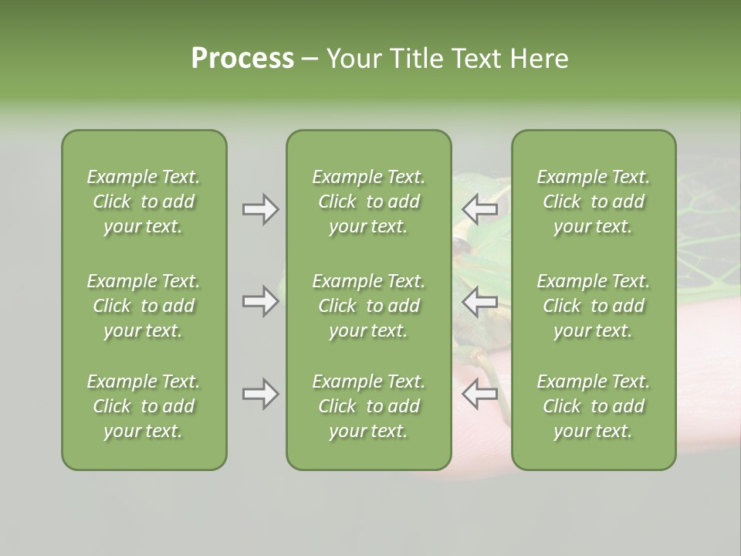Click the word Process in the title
tap(242, 59)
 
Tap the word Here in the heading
tap(540, 59)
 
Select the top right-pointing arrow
tap(260, 209)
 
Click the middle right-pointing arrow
tap(260, 301)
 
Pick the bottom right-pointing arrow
tap(260, 394)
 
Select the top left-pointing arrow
tap(479, 209)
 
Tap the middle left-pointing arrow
tap(479, 301)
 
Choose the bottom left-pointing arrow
tap(479, 394)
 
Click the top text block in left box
tap(144, 202)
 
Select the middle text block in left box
tap(144, 306)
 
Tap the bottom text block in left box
tap(144, 406)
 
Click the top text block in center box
tap(369, 202)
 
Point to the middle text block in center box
tap(369, 306)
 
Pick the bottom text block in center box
tap(369, 406)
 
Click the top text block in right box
tap(594, 202)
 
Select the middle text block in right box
tap(594, 306)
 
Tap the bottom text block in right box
tap(594, 406)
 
